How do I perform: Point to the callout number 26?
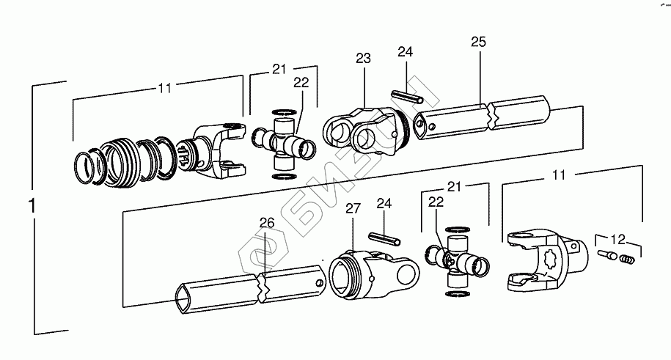point(266,222)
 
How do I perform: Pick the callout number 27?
point(353,209)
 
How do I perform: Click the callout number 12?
point(618,238)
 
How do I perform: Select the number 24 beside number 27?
point(384,202)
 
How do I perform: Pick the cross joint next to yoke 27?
point(456,260)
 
